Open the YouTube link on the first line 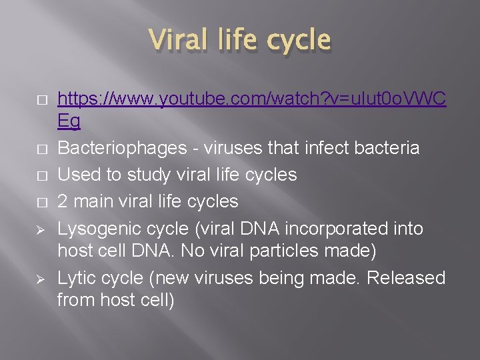251,100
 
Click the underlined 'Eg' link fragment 69,121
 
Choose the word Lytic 77,277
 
